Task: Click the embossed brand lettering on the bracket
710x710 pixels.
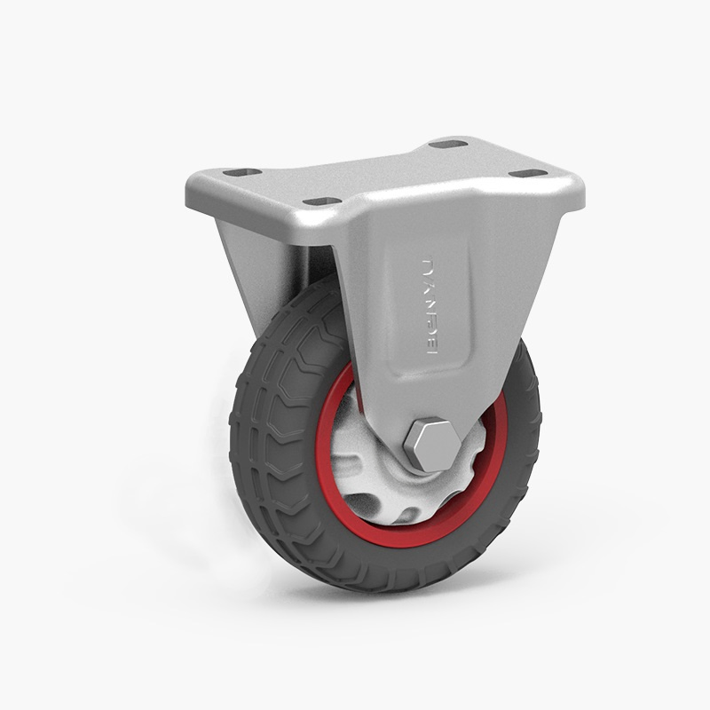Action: point(432,307)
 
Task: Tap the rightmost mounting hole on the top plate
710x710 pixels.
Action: point(525,172)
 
